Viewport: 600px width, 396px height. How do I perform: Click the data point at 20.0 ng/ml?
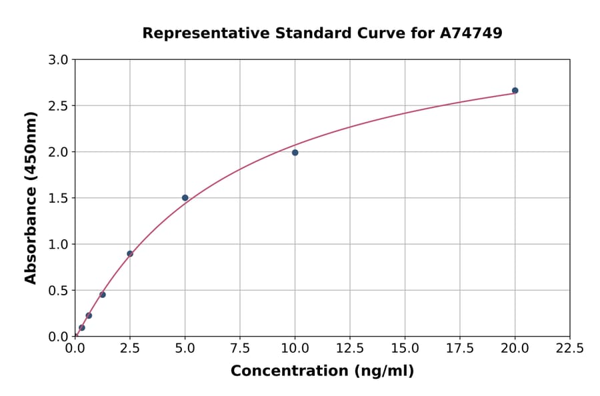(515, 91)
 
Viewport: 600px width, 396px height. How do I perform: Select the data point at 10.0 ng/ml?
(295, 153)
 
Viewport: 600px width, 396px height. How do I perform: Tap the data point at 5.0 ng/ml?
(185, 198)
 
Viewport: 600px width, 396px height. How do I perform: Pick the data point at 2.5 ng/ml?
(130, 253)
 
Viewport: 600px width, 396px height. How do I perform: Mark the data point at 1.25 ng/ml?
(103, 295)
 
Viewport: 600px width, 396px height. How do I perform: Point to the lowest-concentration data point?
(82, 327)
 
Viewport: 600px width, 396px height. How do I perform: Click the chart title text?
(322, 33)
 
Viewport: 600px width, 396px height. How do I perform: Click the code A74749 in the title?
(471, 33)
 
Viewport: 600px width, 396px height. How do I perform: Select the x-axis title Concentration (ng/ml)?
(322, 371)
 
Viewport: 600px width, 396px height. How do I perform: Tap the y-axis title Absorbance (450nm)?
(31, 197)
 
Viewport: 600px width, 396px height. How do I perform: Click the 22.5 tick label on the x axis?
(570, 349)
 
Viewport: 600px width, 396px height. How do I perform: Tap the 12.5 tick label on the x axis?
(350, 349)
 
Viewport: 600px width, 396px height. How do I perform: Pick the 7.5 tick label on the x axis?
(240, 349)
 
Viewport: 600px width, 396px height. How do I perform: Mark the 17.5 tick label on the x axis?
(460, 349)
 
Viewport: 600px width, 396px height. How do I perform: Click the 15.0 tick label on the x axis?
(405, 349)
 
